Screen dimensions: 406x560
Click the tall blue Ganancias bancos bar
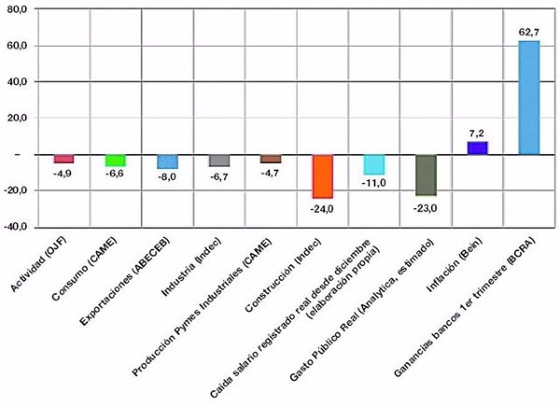tap(528, 98)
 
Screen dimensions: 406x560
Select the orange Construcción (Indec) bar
tap(322, 176)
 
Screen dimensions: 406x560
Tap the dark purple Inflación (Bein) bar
tap(477, 147)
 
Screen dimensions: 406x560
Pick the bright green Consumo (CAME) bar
tap(115, 161)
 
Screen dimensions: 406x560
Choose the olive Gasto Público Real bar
tap(425, 175)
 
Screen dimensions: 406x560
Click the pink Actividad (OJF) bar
tap(63, 159)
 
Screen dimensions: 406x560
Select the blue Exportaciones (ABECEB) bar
tap(167, 161)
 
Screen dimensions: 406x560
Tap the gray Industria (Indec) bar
tap(219, 161)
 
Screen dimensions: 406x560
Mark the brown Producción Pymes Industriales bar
tap(271, 159)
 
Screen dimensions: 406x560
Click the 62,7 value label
tap(528, 33)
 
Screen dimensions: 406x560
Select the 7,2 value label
tap(477, 133)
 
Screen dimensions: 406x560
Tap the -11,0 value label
tap(373, 183)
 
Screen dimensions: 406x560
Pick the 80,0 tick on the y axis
tap(20, 8)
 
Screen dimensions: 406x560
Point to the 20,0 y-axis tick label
tap(20, 118)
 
